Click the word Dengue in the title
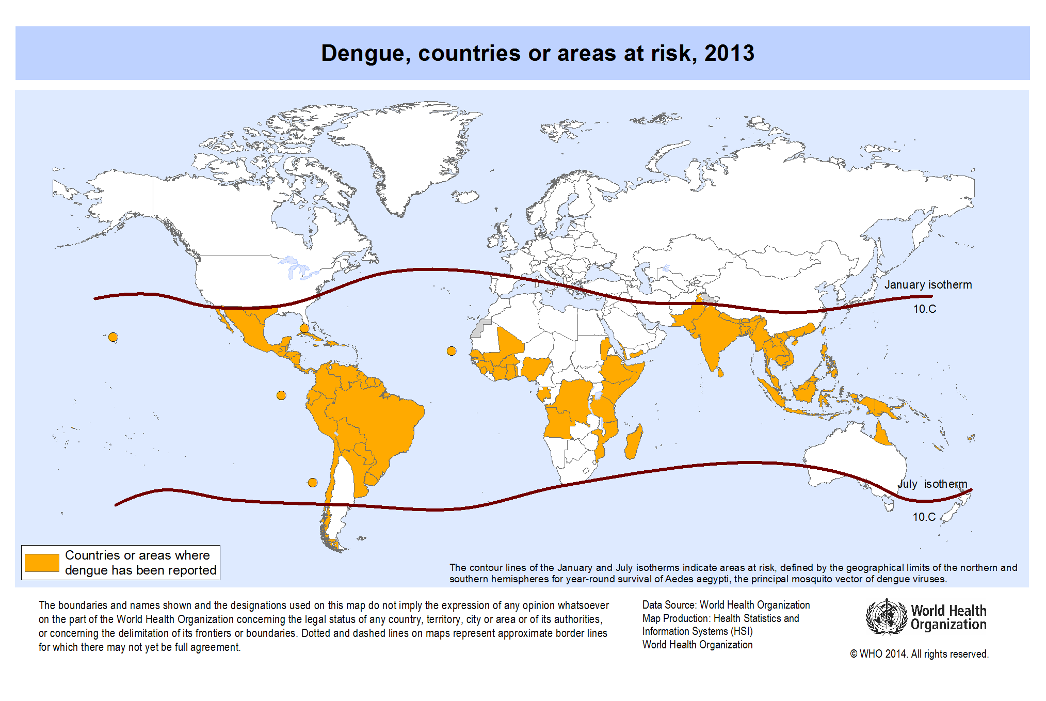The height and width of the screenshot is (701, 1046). (x=366, y=54)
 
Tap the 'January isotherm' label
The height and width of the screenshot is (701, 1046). (x=928, y=285)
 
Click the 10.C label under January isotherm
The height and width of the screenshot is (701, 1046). (x=924, y=309)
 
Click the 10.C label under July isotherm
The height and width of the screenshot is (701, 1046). (x=924, y=517)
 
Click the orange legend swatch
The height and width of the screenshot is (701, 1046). (x=42, y=563)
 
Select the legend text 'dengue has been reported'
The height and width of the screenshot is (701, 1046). (x=140, y=570)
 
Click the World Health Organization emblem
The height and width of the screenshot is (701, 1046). (x=886, y=617)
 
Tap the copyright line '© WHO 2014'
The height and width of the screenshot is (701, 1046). (x=919, y=654)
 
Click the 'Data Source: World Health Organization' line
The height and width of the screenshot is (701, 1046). (x=726, y=605)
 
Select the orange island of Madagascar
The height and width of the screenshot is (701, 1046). (x=634, y=443)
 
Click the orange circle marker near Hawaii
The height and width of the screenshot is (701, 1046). (x=113, y=338)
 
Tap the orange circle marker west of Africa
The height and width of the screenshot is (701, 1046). (x=452, y=351)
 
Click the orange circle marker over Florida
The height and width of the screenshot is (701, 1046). (x=304, y=328)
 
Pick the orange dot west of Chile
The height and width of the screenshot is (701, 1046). (x=313, y=483)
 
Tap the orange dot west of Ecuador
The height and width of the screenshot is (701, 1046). (x=281, y=395)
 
